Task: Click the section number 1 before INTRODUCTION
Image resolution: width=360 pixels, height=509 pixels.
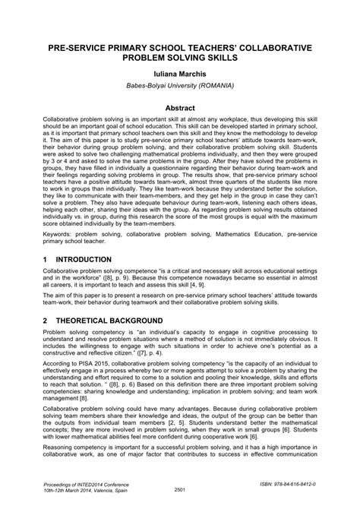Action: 45,260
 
